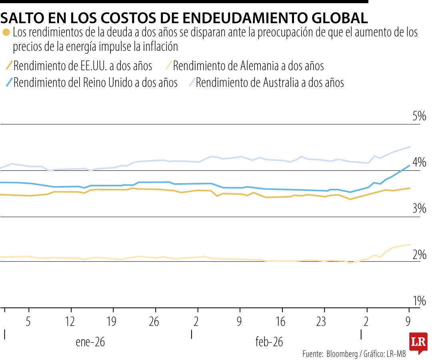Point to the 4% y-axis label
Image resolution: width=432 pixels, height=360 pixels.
coord(419,162)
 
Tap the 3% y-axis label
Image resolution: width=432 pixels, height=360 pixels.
coord(419,208)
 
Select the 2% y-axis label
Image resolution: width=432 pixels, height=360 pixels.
coord(419,254)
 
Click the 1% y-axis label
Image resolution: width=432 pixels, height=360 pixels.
coord(419,300)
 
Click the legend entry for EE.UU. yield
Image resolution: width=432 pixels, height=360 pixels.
coord(82,65)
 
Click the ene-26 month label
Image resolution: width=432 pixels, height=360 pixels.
coord(90,342)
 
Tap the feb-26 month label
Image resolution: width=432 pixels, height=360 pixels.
coord(269,342)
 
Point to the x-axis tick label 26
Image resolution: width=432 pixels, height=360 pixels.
coord(154,322)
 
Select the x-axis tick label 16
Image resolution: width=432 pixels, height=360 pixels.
coord(281,322)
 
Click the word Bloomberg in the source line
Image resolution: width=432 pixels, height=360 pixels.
coord(342,354)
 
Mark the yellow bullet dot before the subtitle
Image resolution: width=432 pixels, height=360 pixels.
coord(6,32)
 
